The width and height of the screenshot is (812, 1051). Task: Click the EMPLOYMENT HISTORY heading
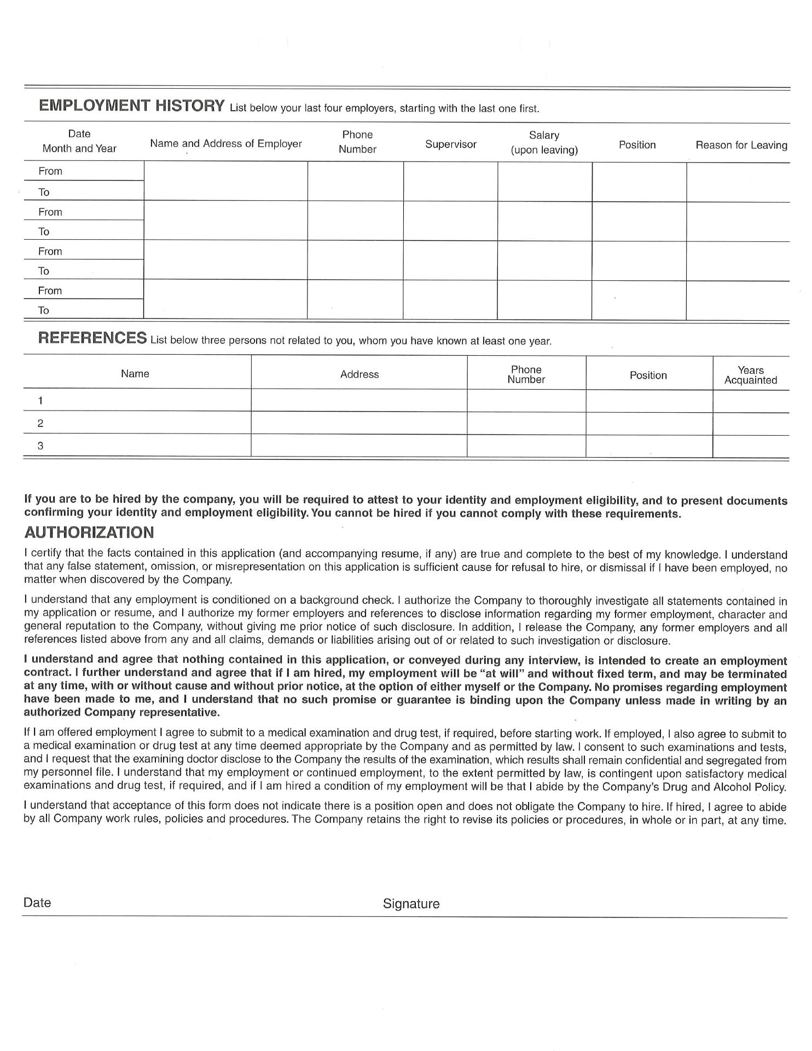tap(131, 105)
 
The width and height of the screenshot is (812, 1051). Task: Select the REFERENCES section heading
tap(92, 338)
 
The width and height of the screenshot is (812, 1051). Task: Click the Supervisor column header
tap(450, 145)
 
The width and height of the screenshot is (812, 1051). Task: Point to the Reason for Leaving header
tap(741, 145)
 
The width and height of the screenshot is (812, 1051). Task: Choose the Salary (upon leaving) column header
tap(544, 142)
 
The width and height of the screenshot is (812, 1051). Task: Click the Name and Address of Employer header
tap(226, 143)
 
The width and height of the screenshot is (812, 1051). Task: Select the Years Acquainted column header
tap(750, 375)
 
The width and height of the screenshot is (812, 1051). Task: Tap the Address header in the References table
tap(359, 374)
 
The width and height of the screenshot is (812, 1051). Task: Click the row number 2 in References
tap(40, 423)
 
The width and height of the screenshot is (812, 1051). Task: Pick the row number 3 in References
tap(40, 446)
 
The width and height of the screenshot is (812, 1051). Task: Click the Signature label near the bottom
tap(411, 904)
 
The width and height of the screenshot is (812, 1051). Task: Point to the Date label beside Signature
tap(37, 903)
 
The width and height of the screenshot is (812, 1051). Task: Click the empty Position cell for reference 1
tap(649, 401)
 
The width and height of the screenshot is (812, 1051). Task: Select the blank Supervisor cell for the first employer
tap(450, 181)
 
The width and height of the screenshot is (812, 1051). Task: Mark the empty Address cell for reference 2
tap(359, 423)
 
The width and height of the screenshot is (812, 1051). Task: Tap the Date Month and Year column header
tap(79, 141)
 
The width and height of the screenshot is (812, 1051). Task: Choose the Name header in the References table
tap(135, 374)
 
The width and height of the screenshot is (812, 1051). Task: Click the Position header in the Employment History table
tap(637, 145)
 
